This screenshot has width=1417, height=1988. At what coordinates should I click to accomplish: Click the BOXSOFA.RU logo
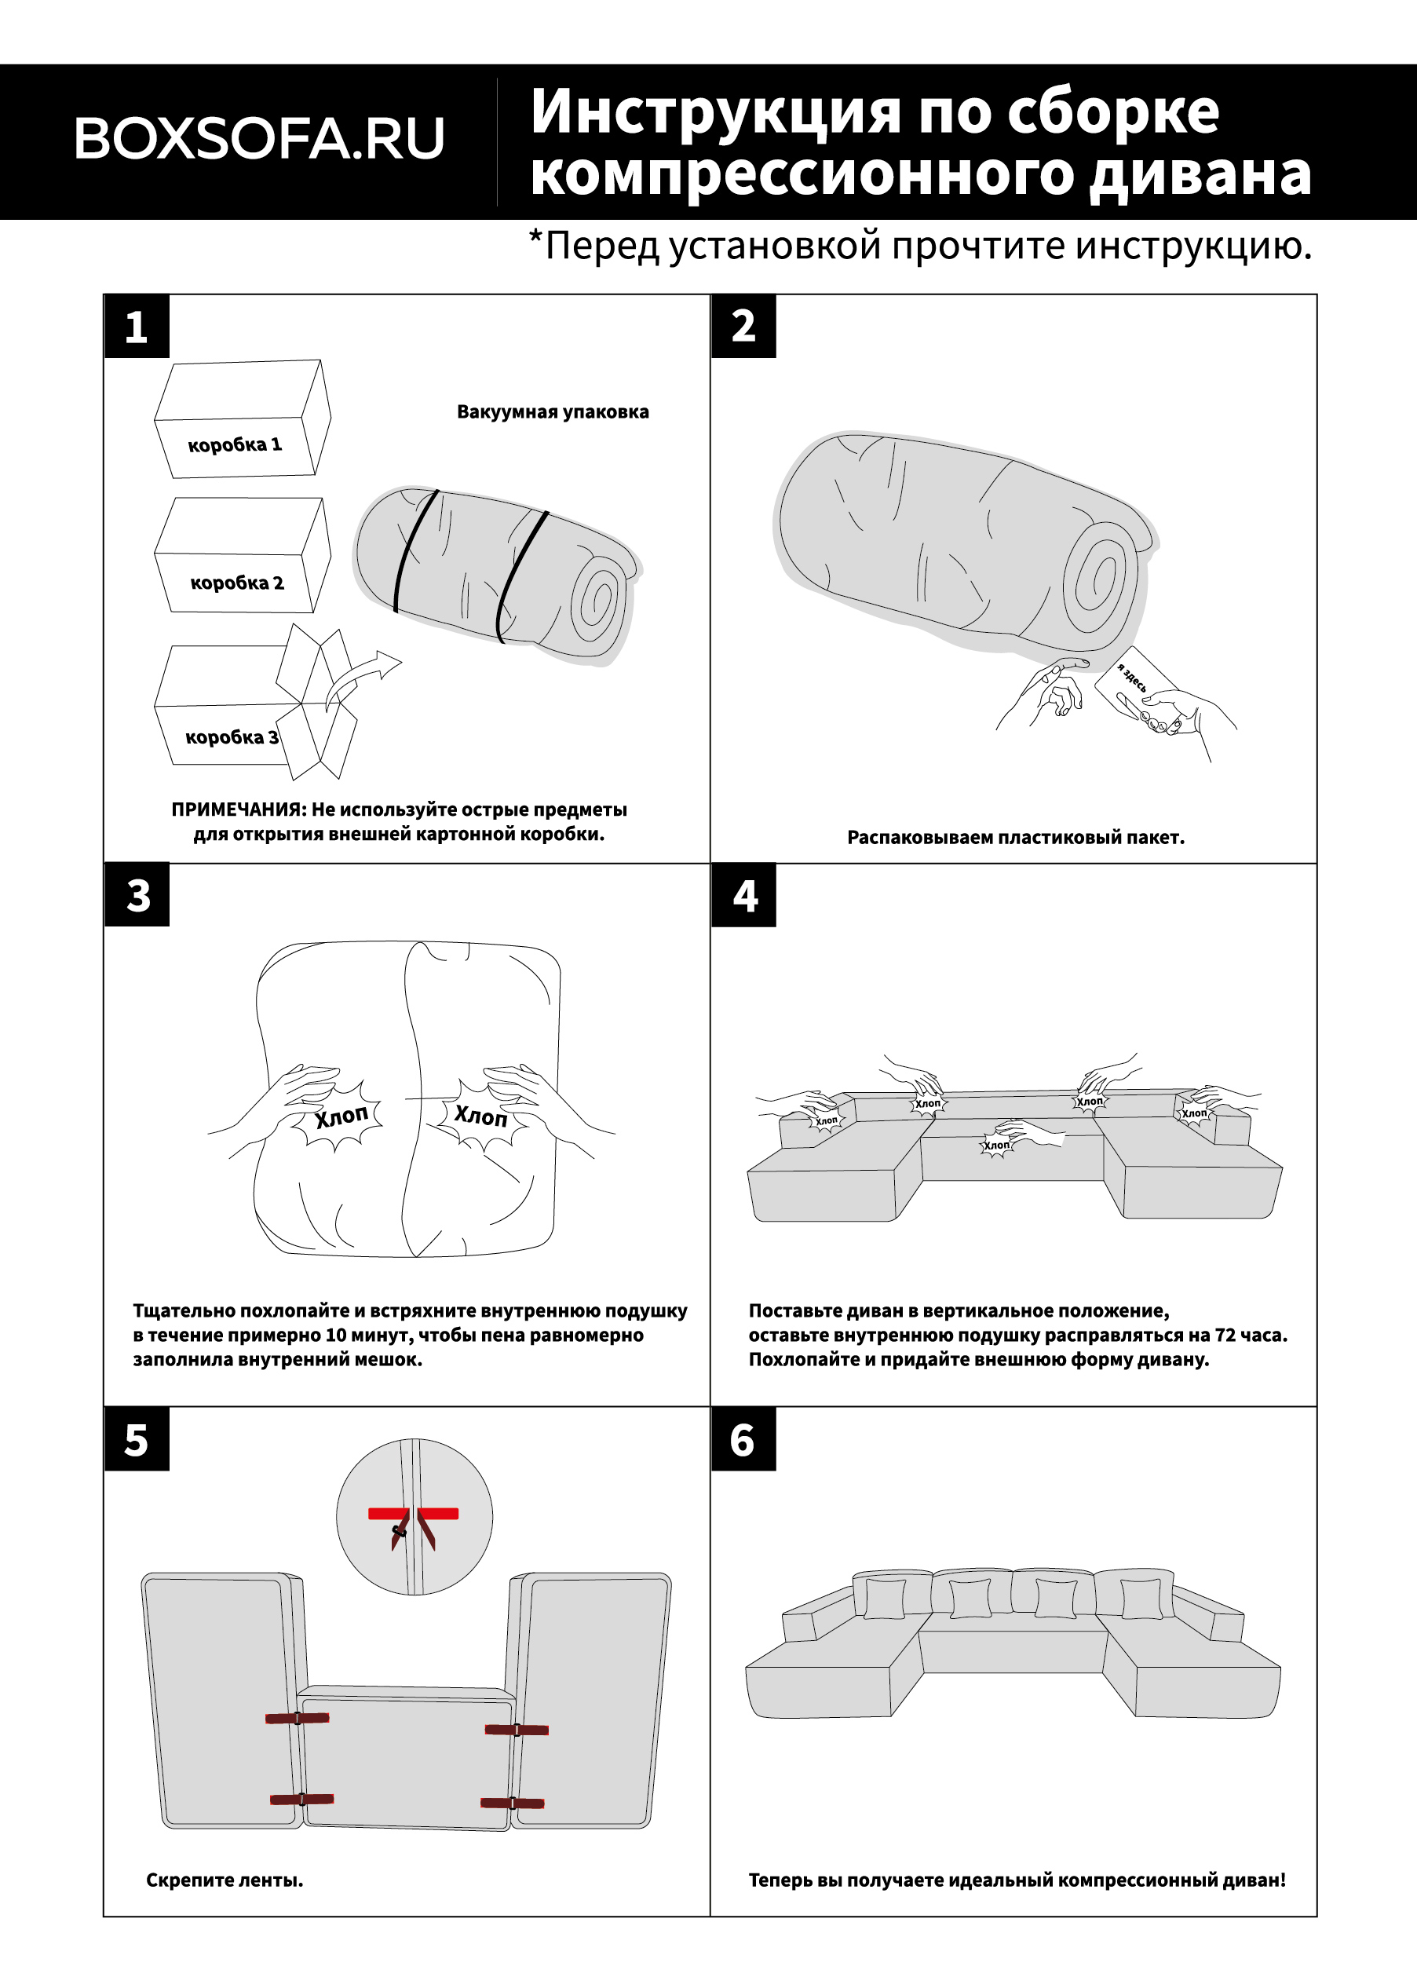coord(259,139)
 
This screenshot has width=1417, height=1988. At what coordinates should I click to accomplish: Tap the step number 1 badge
coord(136,327)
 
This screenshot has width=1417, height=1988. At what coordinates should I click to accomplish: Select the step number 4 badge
coord(744,895)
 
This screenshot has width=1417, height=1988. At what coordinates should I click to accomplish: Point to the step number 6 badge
coord(743,1439)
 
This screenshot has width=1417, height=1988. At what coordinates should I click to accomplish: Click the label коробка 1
coord(235,445)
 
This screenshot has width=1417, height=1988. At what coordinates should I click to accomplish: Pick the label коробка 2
coord(236,582)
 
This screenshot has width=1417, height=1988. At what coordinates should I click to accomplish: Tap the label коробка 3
coord(232,737)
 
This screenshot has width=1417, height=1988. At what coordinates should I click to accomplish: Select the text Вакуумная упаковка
coord(553,412)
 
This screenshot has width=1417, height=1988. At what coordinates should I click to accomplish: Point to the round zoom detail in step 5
coord(415,1517)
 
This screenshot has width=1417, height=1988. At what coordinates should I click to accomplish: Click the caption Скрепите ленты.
coord(225,1880)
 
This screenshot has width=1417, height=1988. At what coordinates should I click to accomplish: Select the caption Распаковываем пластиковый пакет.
coord(1016,837)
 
